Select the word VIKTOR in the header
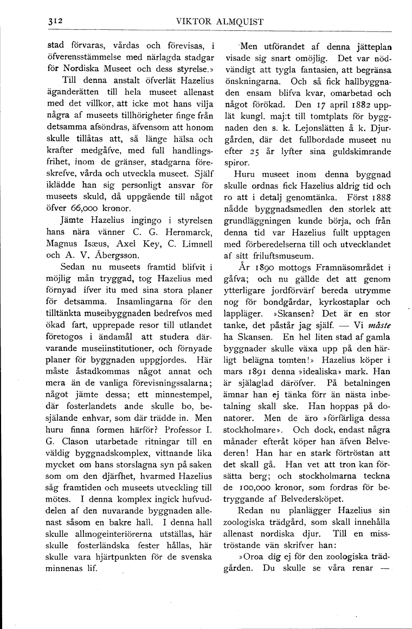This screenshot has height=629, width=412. point(194,22)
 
